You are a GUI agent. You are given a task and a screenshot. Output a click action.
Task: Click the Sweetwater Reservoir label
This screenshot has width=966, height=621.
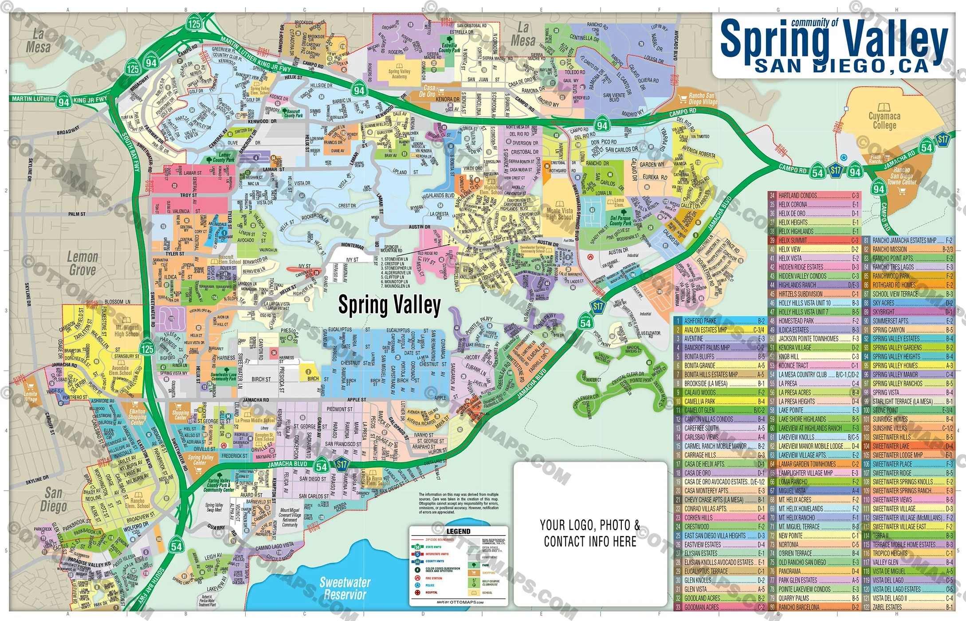345,588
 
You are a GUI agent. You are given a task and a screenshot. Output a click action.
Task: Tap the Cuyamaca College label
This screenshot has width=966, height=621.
884,121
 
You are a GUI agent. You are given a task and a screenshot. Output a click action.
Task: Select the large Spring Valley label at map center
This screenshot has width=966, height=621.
389,305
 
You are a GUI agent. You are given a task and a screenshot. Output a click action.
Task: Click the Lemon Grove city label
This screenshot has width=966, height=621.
82,263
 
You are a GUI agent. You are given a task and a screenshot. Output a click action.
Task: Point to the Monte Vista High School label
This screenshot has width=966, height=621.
559,214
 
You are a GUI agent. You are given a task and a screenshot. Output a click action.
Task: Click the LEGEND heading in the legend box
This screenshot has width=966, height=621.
458,531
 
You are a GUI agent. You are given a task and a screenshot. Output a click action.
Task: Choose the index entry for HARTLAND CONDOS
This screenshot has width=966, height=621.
797,196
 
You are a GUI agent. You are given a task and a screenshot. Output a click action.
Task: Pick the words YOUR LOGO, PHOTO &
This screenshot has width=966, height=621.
590,525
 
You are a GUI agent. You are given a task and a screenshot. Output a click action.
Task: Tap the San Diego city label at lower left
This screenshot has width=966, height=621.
53,500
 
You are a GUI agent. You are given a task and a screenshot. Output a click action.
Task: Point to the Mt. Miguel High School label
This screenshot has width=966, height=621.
127,330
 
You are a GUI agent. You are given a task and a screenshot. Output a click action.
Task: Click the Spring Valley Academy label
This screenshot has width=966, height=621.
399,74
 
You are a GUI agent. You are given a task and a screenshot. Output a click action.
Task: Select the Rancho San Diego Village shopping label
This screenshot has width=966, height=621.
703,98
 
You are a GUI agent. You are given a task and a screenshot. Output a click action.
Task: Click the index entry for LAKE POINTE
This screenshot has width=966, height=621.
791,410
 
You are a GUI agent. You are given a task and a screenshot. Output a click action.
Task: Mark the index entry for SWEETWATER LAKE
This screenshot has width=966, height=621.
891,446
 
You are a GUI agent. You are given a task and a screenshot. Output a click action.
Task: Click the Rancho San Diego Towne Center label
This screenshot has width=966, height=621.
901,176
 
